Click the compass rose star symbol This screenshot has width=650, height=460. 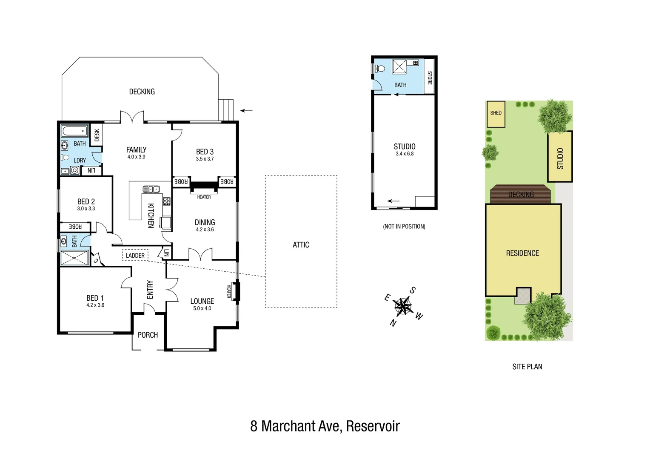tap(402, 305)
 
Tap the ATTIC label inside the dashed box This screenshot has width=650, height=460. tap(301, 245)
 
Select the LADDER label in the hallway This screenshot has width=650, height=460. tap(135, 256)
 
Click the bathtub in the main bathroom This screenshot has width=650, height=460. tap(74, 131)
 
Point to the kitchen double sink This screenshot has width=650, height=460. tap(151, 189)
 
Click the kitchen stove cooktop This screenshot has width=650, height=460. tap(167, 201)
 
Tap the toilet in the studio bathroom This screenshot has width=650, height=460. tap(380, 68)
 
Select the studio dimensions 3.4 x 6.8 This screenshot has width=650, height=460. tap(405, 154)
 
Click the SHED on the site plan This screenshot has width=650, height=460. tap(496, 113)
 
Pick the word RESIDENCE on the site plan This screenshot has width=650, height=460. tap(522, 253)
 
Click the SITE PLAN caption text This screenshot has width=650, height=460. tap(527, 367)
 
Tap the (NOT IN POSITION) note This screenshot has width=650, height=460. tap(404, 227)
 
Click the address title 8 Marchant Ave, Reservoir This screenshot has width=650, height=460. tap(325, 426)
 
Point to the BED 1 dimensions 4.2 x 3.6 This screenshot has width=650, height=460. tap(95, 305)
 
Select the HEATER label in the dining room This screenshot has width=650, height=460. tap(204, 197)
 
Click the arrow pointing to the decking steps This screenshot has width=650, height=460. tap(246, 111)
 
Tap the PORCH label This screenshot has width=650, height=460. tap(148, 335)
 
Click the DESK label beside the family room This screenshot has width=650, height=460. tap(97, 135)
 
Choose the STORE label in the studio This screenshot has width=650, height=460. tap(430, 78)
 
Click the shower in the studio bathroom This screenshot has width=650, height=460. tap(399, 67)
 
